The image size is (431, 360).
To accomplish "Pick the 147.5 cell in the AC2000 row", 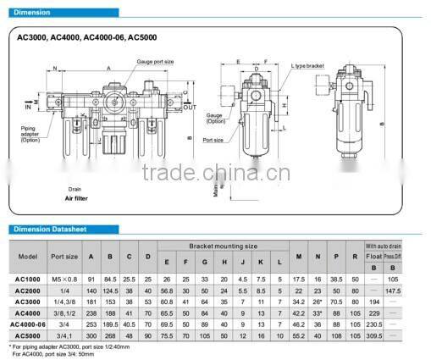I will (x=416, y=290).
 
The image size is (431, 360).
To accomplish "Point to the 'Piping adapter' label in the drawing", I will (x=34, y=131).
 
